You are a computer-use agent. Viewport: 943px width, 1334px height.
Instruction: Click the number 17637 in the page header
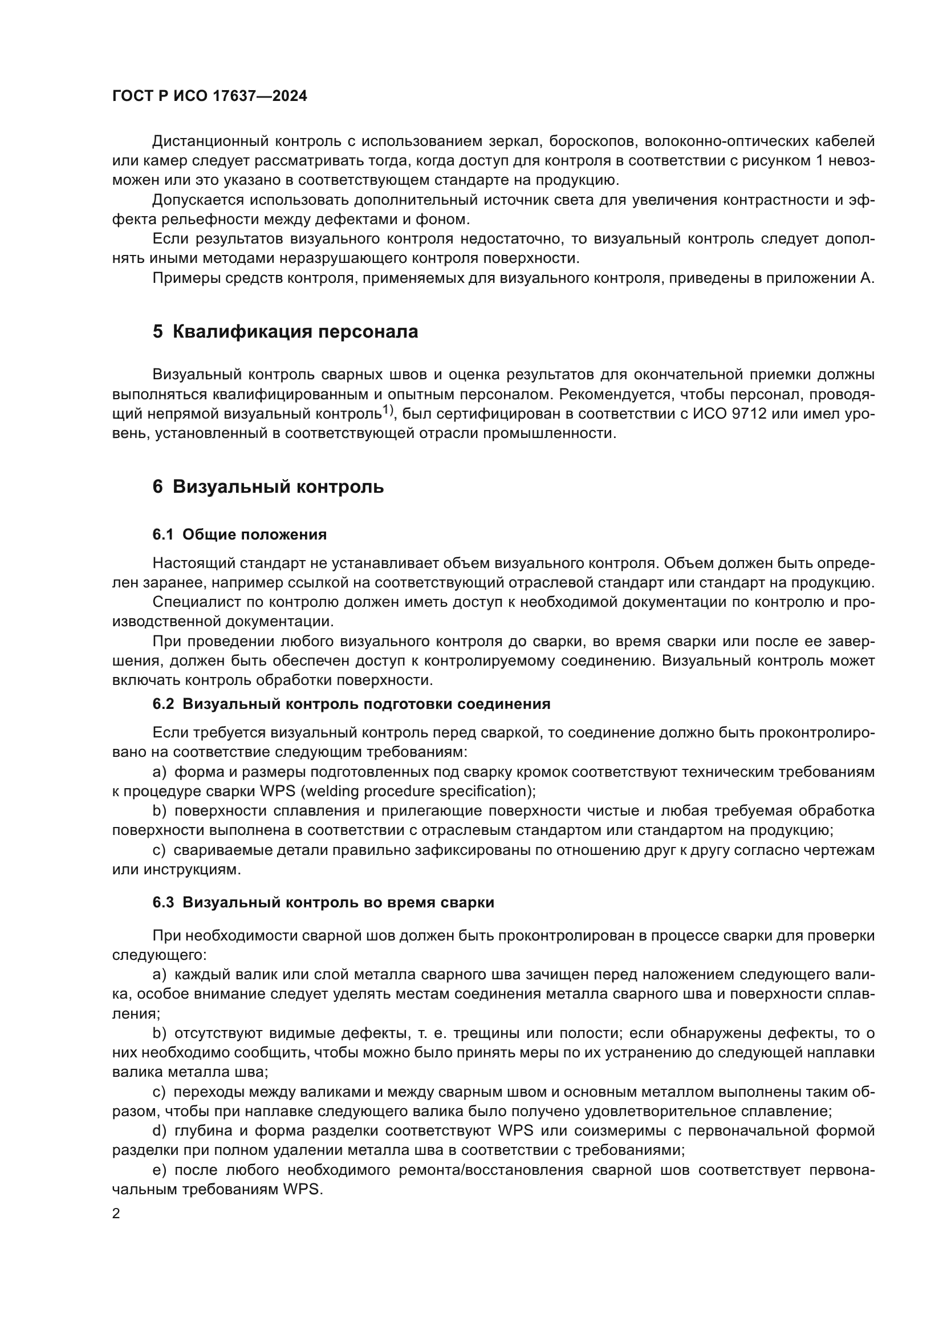pos(234,96)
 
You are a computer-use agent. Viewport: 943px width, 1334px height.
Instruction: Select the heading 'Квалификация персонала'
pos(295,333)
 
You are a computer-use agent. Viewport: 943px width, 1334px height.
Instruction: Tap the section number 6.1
pos(162,535)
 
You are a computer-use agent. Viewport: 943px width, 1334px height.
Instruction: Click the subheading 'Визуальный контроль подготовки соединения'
pos(366,704)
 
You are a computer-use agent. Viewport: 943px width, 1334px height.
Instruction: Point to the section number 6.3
pos(163,902)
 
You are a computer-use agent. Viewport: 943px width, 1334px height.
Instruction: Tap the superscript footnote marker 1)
pos(388,411)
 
